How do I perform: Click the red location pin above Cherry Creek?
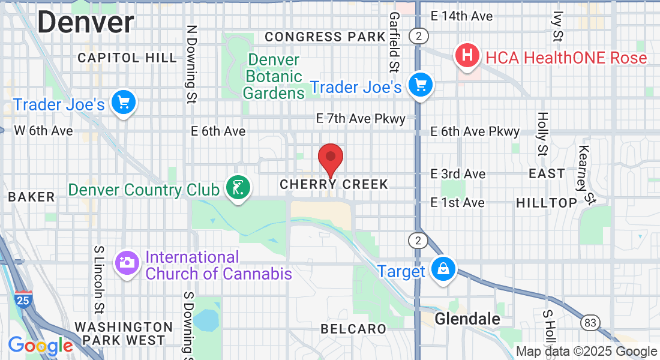pos(330,158)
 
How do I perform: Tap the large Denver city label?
pos(86,22)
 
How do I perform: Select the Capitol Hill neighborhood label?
pos(128,58)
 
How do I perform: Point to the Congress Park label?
pos(325,37)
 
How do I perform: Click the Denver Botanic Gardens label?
pos(273,76)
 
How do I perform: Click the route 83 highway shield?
pos(590,323)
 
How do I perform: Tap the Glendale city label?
pos(467,319)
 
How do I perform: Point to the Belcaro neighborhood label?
pos(353,328)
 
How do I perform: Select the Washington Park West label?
pos(124,334)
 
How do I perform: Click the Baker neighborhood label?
pos(31,197)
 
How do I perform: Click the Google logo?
pos(40,346)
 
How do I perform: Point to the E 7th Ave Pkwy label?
pos(361,119)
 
